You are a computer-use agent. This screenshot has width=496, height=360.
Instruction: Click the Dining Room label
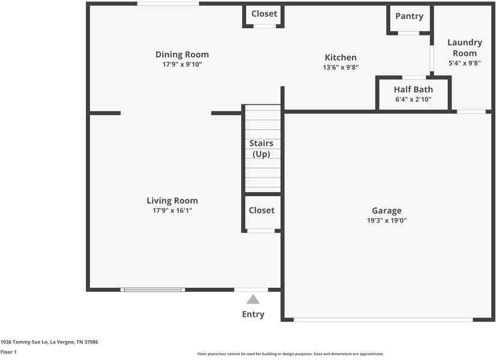(x=182, y=55)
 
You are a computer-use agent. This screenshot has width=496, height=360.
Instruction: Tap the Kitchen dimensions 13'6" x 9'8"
(x=340, y=67)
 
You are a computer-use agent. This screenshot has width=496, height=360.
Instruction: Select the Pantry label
(x=409, y=16)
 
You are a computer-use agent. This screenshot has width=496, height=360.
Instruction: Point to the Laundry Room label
(x=465, y=48)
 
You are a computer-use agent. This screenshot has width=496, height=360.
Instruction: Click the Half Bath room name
(x=413, y=89)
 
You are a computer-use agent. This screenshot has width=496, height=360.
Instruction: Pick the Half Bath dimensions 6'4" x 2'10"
(x=413, y=100)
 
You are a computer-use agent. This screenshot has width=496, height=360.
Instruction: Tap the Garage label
(x=387, y=211)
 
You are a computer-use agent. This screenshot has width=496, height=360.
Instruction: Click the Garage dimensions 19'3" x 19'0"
(x=387, y=220)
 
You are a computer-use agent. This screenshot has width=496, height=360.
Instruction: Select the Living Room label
(x=172, y=201)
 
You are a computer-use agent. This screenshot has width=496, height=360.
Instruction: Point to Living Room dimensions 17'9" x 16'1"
(x=172, y=211)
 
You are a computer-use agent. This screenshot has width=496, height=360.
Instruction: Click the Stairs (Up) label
(x=261, y=149)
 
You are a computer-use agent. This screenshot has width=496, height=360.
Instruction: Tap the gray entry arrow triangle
(x=253, y=299)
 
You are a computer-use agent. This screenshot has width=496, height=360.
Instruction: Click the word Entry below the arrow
(x=253, y=314)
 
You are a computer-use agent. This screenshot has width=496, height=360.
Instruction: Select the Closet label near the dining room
(x=264, y=14)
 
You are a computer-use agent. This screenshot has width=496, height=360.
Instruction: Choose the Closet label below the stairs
(x=262, y=210)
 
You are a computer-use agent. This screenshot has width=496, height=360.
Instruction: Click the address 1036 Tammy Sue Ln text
(x=49, y=342)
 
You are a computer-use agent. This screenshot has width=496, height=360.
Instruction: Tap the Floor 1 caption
(x=8, y=352)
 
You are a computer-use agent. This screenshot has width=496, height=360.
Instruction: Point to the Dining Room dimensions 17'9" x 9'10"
(x=182, y=64)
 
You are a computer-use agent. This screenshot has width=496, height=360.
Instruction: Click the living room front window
(x=152, y=290)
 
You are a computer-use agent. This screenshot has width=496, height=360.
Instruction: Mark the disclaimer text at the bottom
(x=291, y=354)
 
